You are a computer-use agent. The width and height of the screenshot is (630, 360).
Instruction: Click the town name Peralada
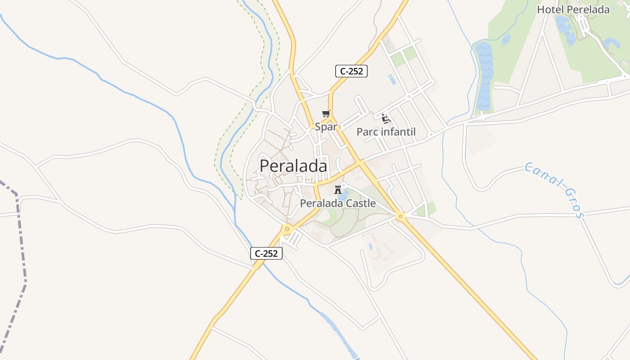coord(293,166)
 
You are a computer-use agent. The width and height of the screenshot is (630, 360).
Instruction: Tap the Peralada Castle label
coord(337,203)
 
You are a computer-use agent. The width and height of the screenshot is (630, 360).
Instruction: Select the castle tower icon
coord(338,190)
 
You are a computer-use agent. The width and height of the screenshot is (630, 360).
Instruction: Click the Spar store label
coord(326,127)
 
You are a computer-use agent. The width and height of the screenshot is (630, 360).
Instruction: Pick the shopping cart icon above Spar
coord(326,114)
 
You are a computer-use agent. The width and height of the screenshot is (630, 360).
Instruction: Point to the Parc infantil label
coord(386,132)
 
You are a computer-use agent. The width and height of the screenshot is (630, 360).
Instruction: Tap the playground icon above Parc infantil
coord(386,118)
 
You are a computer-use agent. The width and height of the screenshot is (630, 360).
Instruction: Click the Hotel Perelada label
coord(573,9)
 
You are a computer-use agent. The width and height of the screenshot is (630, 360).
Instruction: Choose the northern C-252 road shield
coord(351,71)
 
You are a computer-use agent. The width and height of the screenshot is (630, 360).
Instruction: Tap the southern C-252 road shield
coord(266,253)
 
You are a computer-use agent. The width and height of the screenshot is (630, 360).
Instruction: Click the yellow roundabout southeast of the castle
coord(400,217)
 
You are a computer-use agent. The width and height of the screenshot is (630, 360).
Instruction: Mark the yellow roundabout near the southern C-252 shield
coord(287,229)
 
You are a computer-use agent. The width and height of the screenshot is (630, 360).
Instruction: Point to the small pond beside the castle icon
coord(344,195)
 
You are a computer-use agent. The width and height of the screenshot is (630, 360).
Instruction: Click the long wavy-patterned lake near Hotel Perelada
coord(484,76)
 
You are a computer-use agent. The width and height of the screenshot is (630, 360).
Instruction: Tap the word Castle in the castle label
coord(358,203)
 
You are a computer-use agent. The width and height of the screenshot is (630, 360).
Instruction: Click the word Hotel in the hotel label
coord(550,9)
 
